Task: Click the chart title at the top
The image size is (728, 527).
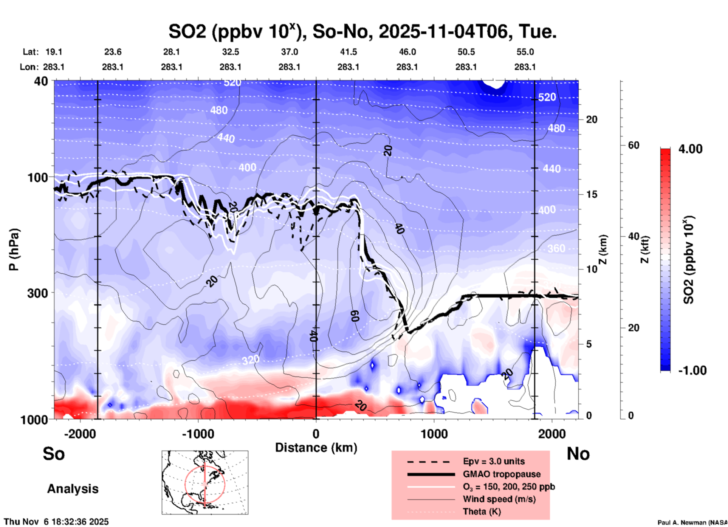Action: pos(362,32)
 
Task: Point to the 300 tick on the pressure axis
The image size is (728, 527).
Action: pos(37,293)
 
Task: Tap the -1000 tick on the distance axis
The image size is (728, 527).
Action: pos(198,434)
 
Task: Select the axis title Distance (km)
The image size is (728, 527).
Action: pos(316,448)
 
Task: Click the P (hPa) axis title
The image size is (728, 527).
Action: pos(14,250)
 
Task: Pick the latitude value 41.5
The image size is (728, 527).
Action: pos(348,52)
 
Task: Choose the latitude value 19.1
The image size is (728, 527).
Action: pos(54,52)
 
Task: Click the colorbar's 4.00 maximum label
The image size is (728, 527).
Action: pos(690,149)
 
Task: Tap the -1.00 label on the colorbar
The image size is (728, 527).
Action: pos(692,370)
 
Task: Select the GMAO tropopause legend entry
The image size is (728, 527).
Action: pos(502,474)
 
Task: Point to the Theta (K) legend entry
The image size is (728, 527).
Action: pos(482,511)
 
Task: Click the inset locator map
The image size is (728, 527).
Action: pos(205,482)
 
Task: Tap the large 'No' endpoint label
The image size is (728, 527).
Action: pos(578,454)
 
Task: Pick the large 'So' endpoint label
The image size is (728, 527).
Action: pos(54,454)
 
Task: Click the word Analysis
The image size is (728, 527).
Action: pos(73,489)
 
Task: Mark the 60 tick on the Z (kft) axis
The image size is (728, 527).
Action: pos(634,145)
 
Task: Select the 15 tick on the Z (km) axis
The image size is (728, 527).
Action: pos(592,194)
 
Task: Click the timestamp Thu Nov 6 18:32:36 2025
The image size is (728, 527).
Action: pos(56,522)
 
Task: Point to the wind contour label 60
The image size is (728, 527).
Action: pos(355,316)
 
